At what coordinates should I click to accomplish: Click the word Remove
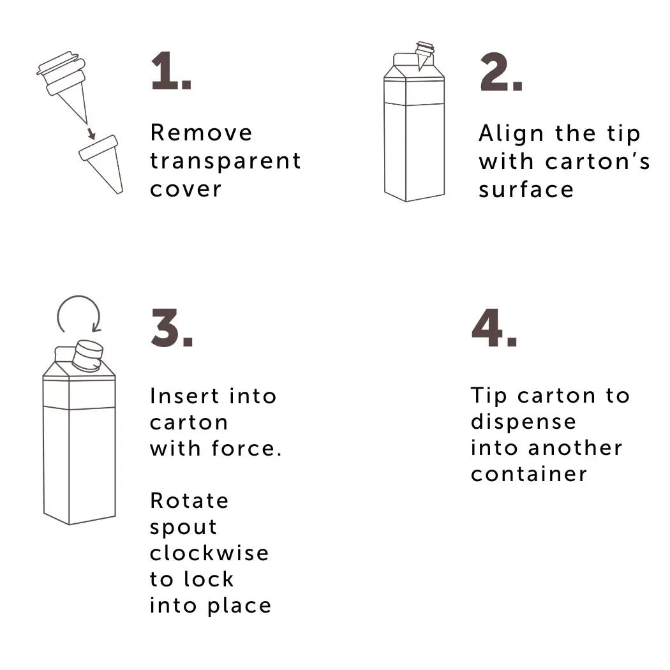pos(202,133)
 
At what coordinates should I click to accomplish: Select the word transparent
pos(225,161)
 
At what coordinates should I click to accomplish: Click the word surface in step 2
pos(526,190)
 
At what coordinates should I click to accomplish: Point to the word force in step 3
pos(245,448)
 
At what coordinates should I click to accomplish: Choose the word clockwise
pos(209,553)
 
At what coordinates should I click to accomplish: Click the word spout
pos(184,527)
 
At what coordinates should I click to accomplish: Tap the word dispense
pos(523,422)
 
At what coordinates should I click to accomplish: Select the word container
pos(529,474)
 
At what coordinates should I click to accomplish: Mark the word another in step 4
pos(574,448)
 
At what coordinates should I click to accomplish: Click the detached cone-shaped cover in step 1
pos(103,162)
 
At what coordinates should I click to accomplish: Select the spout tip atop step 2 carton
pos(424,52)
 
